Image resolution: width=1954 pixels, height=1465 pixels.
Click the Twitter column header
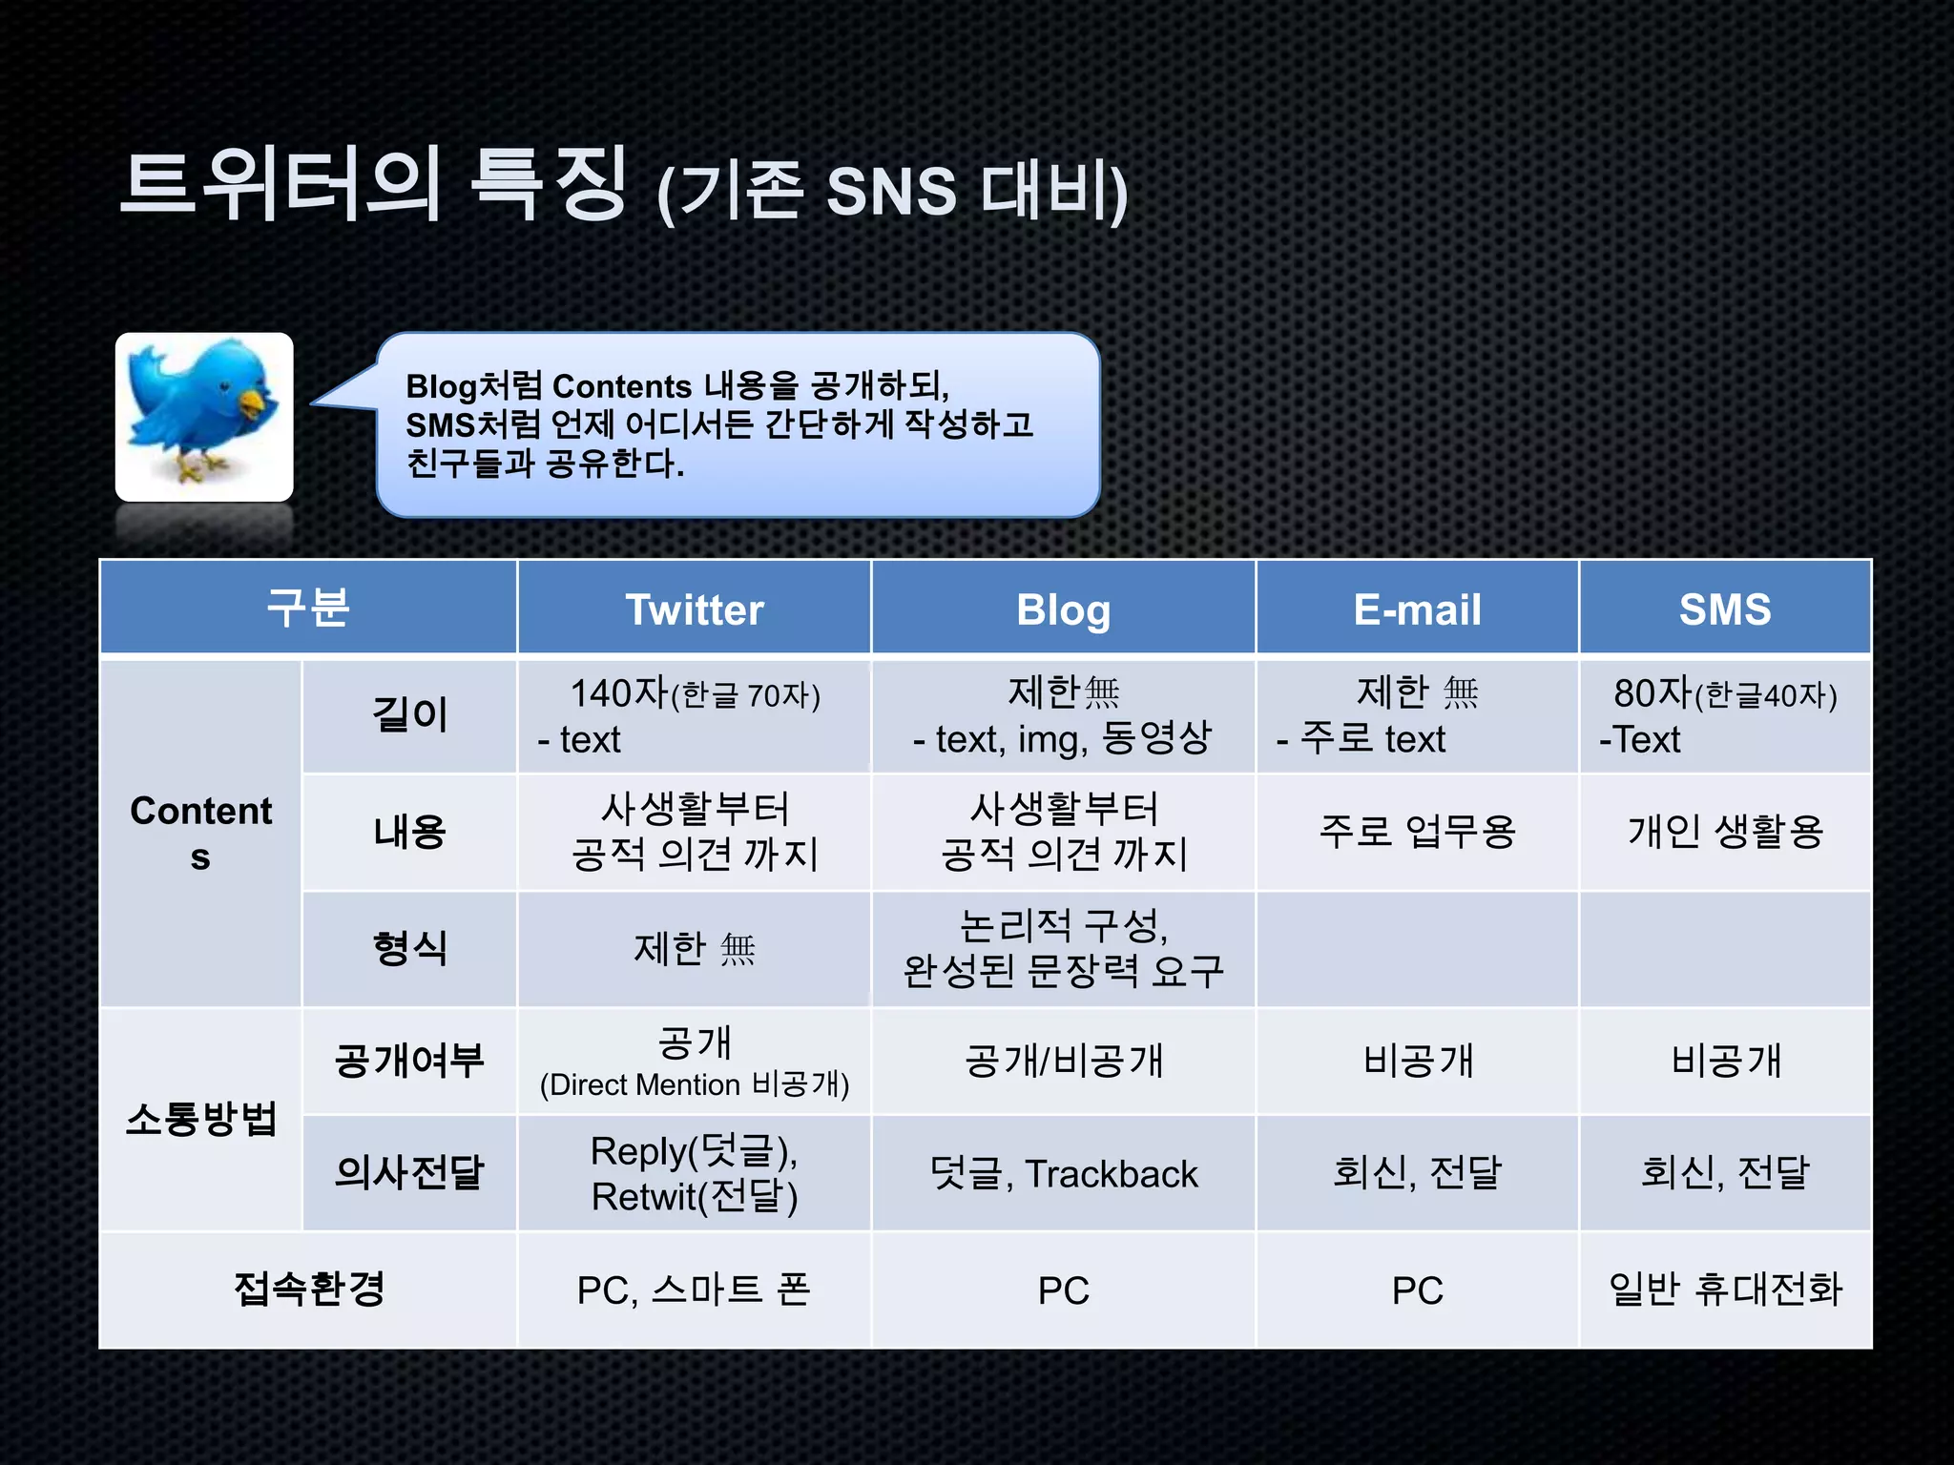coord(694,609)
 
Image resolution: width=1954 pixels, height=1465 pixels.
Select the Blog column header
coord(1063,609)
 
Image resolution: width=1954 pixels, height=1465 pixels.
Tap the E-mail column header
coord(1417,609)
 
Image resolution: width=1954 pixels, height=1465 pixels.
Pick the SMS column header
coord(1725,609)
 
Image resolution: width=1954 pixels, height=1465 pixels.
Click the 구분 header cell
coord(308,608)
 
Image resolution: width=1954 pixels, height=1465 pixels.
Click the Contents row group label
coord(200,833)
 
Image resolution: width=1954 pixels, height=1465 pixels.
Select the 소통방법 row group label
coord(200,1119)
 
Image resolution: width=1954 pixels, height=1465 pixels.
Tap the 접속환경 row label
coord(308,1290)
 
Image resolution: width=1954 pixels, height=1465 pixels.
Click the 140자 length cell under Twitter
coord(694,715)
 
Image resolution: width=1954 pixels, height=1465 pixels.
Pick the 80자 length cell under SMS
coord(1725,715)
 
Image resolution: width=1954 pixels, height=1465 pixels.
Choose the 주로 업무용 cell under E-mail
coord(1417,832)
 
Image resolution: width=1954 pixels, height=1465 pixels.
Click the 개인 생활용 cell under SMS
coord(1725,832)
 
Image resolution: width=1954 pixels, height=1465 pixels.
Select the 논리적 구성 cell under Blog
coord(1063,948)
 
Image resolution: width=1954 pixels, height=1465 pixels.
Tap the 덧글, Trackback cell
coord(1063,1174)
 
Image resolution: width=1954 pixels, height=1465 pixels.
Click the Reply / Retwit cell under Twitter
coord(694,1174)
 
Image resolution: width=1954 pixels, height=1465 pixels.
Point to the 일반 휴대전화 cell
coord(1725,1290)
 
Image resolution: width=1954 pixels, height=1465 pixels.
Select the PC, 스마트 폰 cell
coord(694,1290)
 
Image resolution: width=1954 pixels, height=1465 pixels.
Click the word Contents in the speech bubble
coord(621,386)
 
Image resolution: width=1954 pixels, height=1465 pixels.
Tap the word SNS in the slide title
coord(890,191)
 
